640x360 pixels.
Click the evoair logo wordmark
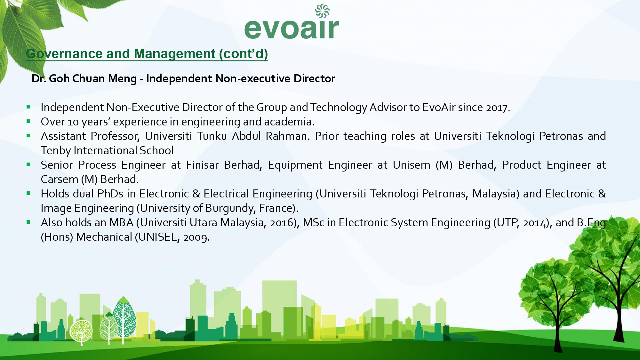[x=292, y=29]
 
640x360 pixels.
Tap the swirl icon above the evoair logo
[x=322, y=11]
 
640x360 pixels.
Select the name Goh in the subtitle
[x=57, y=78]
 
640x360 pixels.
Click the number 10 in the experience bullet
[x=73, y=122]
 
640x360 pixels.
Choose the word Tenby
[x=56, y=150]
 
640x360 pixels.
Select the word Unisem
[x=412, y=165]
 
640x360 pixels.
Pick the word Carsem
[x=60, y=179]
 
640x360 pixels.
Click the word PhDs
[x=110, y=194]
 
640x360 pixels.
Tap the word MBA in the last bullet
[x=121, y=222]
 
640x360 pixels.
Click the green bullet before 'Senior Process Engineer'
[x=28, y=164]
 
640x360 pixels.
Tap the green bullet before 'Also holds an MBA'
[x=28, y=222]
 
